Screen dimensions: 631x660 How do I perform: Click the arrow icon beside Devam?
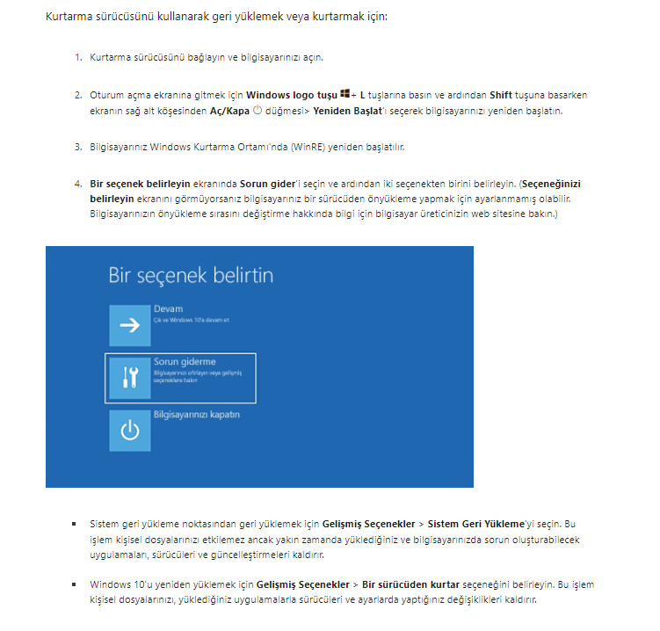[130, 325]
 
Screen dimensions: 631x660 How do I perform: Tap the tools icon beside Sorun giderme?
[130, 377]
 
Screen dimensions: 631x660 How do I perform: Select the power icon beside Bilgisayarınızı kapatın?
[130, 430]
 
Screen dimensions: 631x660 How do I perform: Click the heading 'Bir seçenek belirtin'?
[191, 275]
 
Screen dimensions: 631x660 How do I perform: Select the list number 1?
[78, 57]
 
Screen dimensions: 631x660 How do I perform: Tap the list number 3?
[78, 146]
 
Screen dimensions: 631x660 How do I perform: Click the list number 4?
[78, 184]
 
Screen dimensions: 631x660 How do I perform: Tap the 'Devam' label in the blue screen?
[167, 309]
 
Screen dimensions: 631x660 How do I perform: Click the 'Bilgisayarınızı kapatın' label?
[197, 414]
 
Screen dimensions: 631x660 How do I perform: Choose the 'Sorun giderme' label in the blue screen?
[185, 361]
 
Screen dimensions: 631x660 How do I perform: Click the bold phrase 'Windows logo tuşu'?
[292, 95]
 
